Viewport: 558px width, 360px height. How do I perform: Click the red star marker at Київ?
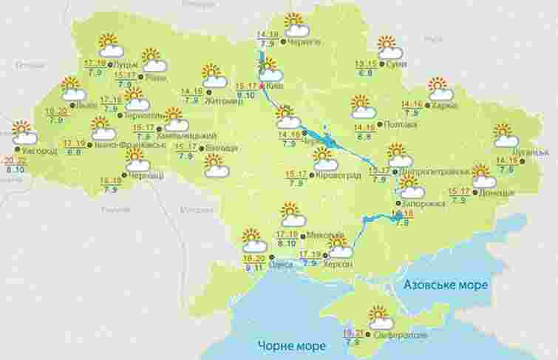(261, 86)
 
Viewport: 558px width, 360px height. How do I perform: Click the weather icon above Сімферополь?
(380, 318)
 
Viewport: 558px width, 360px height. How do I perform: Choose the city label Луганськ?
(531, 152)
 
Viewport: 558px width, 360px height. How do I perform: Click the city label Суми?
(396, 64)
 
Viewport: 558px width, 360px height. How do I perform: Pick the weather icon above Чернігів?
(296, 25)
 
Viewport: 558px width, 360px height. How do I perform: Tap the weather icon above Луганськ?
(506, 136)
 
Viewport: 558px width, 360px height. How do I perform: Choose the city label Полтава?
(398, 125)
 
